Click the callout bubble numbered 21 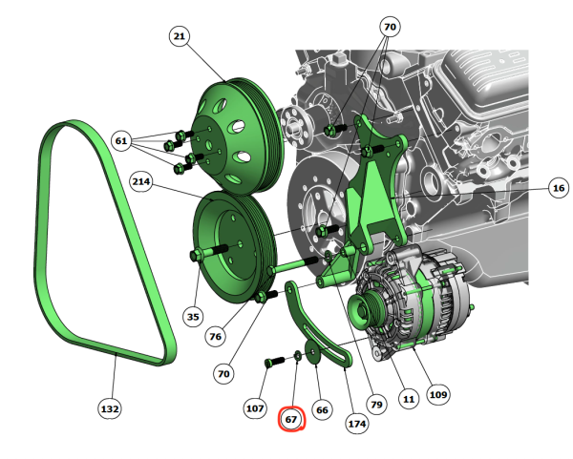pyautogui.click(x=180, y=36)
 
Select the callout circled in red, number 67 pyautogui.click(x=291, y=419)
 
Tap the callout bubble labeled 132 pyautogui.click(x=110, y=408)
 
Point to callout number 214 pyautogui.click(x=141, y=181)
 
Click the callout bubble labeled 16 pyautogui.click(x=559, y=188)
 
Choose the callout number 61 pyautogui.click(x=121, y=140)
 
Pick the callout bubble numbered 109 pyautogui.click(x=438, y=394)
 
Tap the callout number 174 pyautogui.click(x=357, y=424)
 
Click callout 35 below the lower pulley pyautogui.click(x=193, y=317)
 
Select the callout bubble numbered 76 pyautogui.click(x=215, y=336)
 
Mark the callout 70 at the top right pyautogui.click(x=390, y=27)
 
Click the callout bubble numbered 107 pyautogui.click(x=255, y=407)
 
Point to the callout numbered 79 pyautogui.click(x=376, y=405)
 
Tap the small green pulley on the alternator pyautogui.click(x=361, y=311)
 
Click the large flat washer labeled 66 pyautogui.click(x=312, y=352)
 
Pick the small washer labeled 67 pyautogui.click(x=297, y=356)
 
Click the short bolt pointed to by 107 pyautogui.click(x=274, y=362)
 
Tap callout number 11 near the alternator pyautogui.click(x=409, y=399)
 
